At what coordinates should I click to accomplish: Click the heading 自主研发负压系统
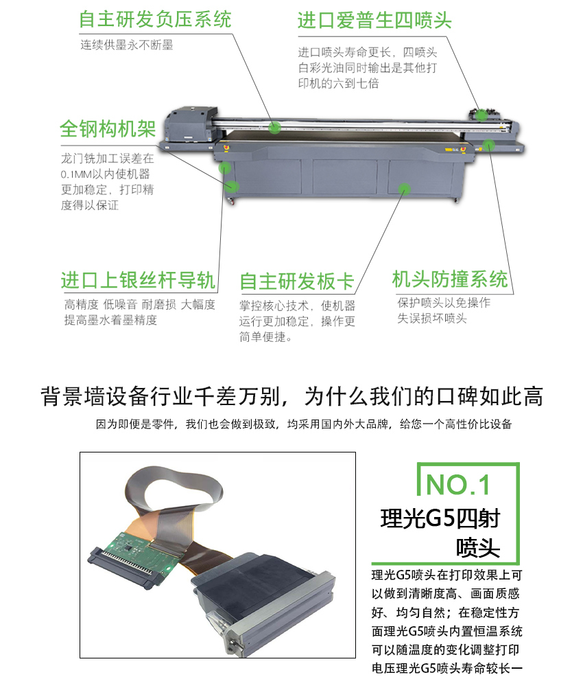155,19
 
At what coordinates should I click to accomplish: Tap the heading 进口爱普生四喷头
374,20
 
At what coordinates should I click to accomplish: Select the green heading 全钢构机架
108,128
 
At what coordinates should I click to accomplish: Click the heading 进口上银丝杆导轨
138,280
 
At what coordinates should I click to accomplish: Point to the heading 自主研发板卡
297,282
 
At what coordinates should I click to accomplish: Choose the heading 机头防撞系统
450,279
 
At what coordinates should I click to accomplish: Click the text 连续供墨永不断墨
127,45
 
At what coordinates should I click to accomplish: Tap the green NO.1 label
458,485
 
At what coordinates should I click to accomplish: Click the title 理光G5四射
440,519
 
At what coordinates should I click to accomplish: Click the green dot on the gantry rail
275,127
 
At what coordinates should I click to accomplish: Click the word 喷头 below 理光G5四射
477,548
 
